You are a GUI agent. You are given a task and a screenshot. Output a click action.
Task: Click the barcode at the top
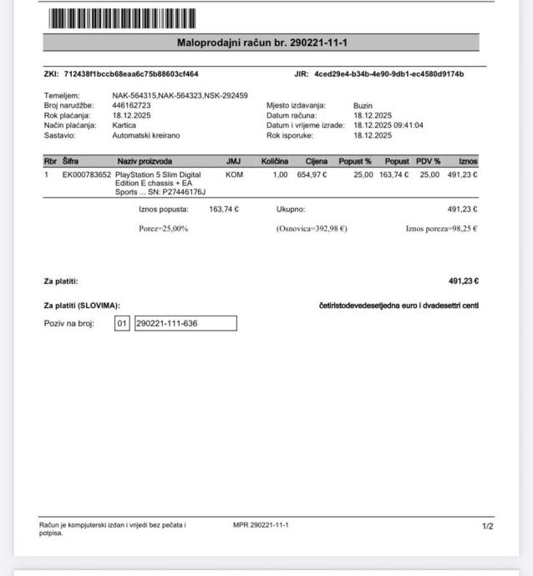tap(122, 18)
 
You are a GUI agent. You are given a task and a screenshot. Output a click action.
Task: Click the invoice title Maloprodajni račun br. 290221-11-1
tap(261, 43)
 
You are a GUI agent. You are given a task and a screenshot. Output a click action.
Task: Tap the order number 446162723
tap(132, 106)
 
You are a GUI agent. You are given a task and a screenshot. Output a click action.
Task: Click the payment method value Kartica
tap(124, 125)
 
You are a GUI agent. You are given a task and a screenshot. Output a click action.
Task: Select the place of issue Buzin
tap(363, 106)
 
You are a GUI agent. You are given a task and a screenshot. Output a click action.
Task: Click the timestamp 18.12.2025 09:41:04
tap(388, 125)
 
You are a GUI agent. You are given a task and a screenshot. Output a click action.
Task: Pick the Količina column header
tap(274, 160)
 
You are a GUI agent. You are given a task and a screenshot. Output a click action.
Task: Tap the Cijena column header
tap(316, 160)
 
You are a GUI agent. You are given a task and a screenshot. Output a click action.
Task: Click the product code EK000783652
tap(86, 174)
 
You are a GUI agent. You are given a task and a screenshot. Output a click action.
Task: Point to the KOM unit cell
tap(233, 174)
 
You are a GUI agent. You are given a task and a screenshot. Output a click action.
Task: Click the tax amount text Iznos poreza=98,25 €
tap(441, 229)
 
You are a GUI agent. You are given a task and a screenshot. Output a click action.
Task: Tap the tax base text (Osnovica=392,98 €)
tap(311, 229)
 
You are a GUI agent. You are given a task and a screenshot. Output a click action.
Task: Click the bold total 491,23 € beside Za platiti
tap(463, 281)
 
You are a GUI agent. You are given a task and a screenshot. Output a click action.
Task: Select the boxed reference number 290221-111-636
tap(185, 323)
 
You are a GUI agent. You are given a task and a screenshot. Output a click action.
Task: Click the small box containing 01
tap(122, 323)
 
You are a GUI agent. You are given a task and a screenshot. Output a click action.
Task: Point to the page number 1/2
tap(488, 526)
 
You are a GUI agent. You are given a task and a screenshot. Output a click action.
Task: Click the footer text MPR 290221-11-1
tap(261, 525)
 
